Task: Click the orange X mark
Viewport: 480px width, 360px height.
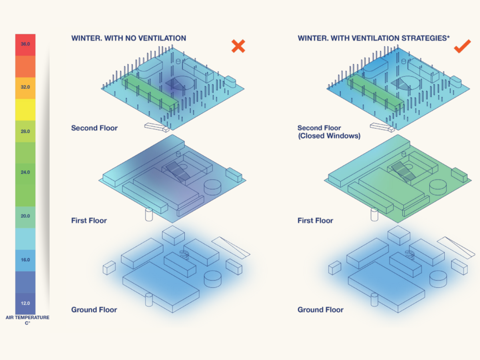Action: pyautogui.click(x=238, y=46)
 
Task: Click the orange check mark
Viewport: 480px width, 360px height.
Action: pyautogui.click(x=462, y=47)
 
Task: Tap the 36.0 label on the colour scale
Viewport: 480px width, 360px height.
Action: pyautogui.click(x=25, y=44)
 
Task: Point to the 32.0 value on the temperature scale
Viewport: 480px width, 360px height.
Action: pyautogui.click(x=25, y=87)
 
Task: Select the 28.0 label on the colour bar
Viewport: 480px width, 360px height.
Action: pyautogui.click(x=25, y=131)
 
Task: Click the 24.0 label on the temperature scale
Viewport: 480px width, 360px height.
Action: pyautogui.click(x=25, y=172)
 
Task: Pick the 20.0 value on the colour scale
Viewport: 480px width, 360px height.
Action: pyautogui.click(x=25, y=216)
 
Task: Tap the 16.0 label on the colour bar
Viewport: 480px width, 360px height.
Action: pyautogui.click(x=25, y=260)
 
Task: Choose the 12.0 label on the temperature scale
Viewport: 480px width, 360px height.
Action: pyautogui.click(x=25, y=303)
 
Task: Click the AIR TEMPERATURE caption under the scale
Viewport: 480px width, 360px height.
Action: pyautogui.click(x=27, y=318)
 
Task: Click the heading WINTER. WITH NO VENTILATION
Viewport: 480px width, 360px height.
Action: pyautogui.click(x=128, y=38)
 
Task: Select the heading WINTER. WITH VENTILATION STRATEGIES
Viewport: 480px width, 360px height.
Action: pyautogui.click(x=374, y=38)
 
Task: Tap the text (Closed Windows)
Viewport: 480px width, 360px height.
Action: pyautogui.click(x=329, y=136)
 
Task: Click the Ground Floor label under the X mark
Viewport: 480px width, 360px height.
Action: pyautogui.click(x=94, y=310)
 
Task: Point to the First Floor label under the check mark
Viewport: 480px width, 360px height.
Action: pyautogui.click(x=315, y=220)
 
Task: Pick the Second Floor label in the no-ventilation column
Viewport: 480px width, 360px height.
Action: pyautogui.click(x=94, y=128)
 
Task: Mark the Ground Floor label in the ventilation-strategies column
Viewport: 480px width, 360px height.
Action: pyautogui.click(x=320, y=310)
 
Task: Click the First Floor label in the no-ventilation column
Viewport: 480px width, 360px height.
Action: pyautogui.click(x=89, y=220)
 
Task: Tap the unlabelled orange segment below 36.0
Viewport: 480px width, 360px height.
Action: pyautogui.click(x=25, y=66)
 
